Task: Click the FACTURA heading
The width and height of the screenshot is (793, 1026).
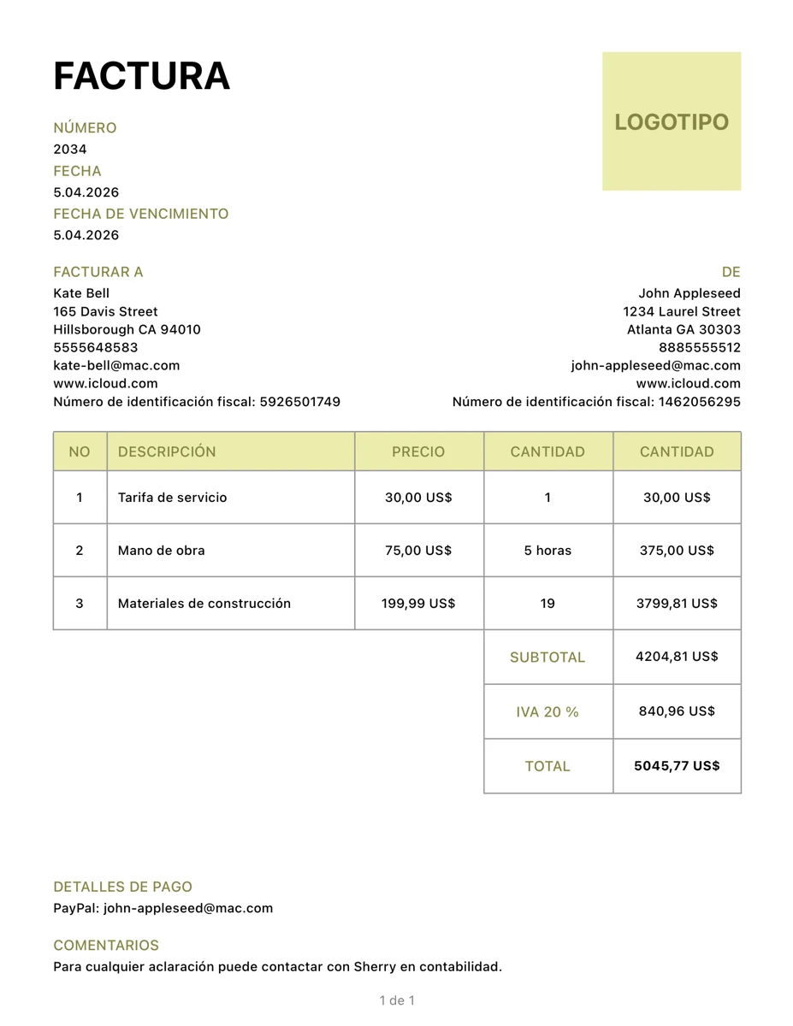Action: tap(141, 76)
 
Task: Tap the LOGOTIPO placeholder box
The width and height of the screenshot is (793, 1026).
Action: tap(672, 121)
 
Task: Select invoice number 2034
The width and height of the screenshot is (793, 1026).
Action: tap(70, 150)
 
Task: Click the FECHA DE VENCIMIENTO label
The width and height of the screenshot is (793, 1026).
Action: tap(141, 214)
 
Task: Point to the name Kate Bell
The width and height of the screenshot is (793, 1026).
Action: tap(81, 293)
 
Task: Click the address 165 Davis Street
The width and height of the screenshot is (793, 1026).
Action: tap(105, 311)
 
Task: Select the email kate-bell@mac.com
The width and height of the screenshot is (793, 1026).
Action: tap(116, 365)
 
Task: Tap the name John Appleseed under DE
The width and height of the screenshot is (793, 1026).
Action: tap(689, 293)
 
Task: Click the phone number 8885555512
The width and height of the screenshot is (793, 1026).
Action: tap(700, 347)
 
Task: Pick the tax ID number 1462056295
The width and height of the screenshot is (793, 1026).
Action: tap(700, 402)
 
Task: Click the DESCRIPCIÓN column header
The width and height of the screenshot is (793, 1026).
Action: tap(167, 451)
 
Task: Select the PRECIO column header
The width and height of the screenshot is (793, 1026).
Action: tap(418, 451)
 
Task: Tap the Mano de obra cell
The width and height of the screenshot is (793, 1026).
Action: tap(162, 551)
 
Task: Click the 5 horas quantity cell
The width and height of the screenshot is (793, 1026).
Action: tap(547, 551)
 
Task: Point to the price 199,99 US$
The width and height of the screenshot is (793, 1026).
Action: tap(418, 604)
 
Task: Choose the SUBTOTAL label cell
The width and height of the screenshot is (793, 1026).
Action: tap(547, 657)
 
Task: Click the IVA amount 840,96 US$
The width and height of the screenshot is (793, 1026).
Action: tap(677, 711)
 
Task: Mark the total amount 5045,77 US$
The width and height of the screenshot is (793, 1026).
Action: tap(677, 766)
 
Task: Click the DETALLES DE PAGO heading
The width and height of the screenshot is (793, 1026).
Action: tap(122, 887)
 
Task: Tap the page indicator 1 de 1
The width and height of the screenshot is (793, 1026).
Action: tap(397, 1000)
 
